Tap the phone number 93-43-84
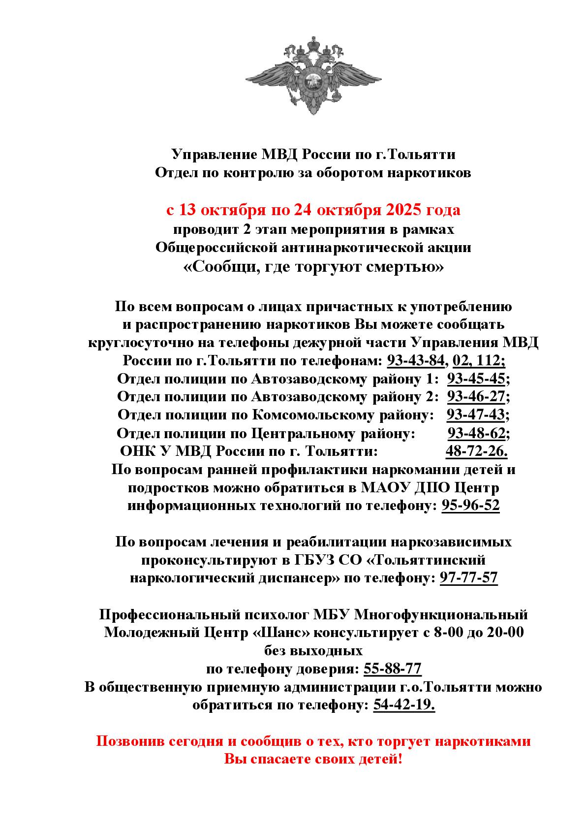click(416, 361)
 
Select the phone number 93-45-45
click(476, 379)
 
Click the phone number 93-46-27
click(476, 397)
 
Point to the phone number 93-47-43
click(476, 415)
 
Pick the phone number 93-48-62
click(476, 433)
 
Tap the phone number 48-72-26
click(475, 451)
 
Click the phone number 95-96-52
click(470, 506)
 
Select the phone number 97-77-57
click(468, 577)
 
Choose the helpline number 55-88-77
click(392, 669)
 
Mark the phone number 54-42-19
click(403, 705)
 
